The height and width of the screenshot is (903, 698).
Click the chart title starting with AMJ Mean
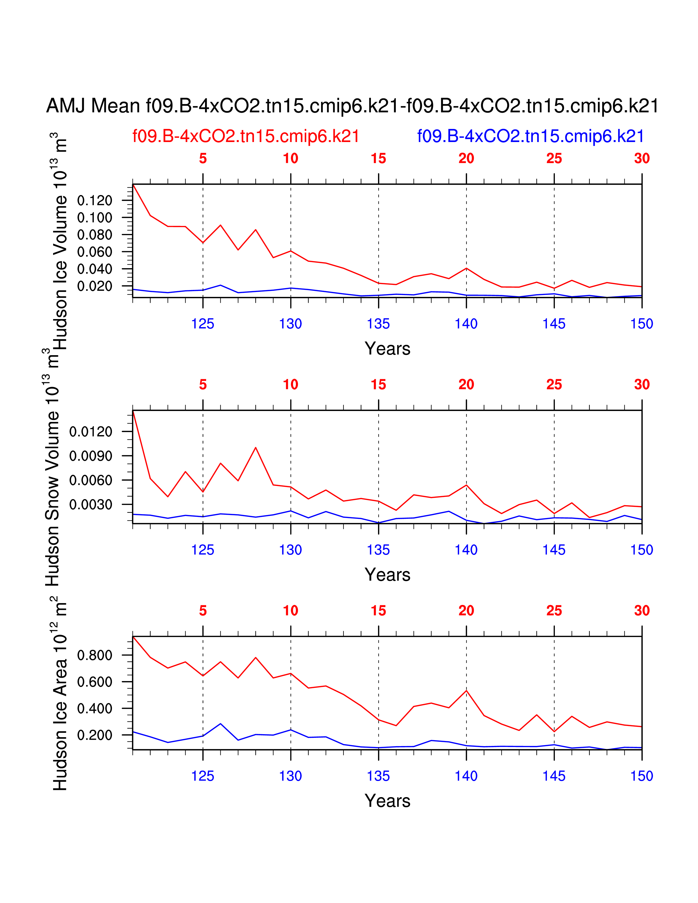[352, 106]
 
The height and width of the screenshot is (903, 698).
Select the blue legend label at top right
[530, 137]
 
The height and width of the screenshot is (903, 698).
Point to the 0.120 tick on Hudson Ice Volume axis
[95, 201]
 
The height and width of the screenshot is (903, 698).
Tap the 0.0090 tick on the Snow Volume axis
[91, 456]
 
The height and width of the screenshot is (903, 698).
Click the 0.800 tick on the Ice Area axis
[95, 655]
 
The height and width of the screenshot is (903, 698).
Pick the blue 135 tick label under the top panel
[378, 324]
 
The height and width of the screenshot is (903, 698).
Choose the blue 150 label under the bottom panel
[641, 776]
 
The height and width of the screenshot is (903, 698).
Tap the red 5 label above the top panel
[203, 158]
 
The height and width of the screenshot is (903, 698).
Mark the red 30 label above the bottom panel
[642, 611]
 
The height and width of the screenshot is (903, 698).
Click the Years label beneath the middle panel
[387, 575]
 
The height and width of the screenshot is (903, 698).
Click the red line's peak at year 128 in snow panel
[256, 448]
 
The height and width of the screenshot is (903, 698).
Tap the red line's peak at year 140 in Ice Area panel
[466, 690]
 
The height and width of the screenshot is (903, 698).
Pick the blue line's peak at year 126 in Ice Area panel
[220, 723]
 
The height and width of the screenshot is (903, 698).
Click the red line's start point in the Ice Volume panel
[133, 185]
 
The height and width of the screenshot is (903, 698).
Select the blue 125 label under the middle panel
[203, 550]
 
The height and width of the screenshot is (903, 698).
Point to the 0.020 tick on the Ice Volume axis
[95, 286]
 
